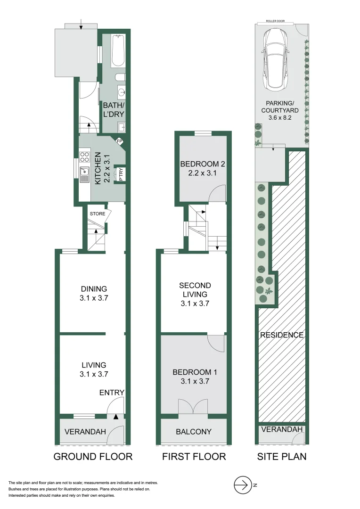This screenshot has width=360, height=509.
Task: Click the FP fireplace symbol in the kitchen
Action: pyautogui.click(x=119, y=141)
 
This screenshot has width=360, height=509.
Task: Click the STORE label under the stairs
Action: pyautogui.click(x=98, y=213)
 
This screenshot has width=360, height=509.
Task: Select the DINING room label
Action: pyautogui.click(x=94, y=289)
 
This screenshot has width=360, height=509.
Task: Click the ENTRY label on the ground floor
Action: pyautogui.click(x=112, y=393)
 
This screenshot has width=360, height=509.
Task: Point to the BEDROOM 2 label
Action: pyautogui.click(x=203, y=164)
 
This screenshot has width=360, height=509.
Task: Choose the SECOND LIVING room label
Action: pyautogui.click(x=195, y=290)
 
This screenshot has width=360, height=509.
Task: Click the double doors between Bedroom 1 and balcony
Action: pyautogui.click(x=193, y=407)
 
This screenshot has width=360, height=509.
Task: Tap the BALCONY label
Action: pyautogui.click(x=194, y=431)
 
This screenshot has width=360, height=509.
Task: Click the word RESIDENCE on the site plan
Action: pyautogui.click(x=282, y=335)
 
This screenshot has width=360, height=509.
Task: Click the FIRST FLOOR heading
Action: pyautogui.click(x=194, y=456)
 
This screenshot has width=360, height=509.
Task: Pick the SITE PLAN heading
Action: pyautogui.click(x=282, y=456)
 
